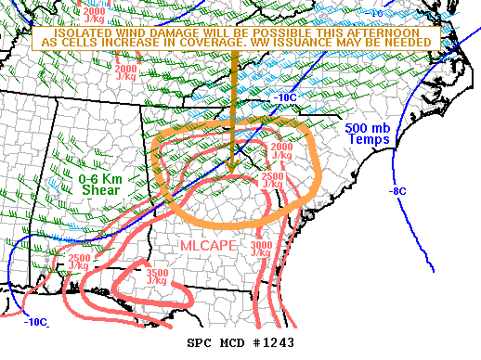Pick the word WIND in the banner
point(107,32)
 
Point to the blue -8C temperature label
point(397,191)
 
